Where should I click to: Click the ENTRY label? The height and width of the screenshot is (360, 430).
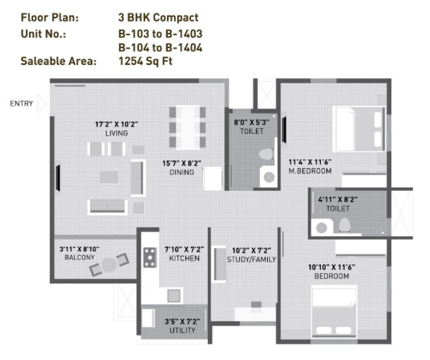(21, 104)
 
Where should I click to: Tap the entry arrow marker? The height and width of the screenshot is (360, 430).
(42, 104)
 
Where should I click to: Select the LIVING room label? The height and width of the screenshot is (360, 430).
(116, 133)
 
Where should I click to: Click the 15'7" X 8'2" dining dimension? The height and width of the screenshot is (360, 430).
(182, 163)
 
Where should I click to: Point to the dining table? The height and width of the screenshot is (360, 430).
(188, 128)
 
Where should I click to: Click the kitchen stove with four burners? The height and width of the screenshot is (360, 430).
(149, 257)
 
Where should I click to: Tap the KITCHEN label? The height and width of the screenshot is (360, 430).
(184, 259)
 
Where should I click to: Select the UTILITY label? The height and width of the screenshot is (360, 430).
(183, 330)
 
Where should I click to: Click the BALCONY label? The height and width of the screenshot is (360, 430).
(80, 258)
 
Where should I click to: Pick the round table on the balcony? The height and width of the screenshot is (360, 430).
(109, 265)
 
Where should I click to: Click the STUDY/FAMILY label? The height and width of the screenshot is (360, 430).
(252, 259)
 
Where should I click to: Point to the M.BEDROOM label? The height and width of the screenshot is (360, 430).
(310, 171)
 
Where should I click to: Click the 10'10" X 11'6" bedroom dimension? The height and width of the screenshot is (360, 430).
(332, 267)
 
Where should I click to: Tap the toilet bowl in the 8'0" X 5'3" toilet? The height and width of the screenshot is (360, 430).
(266, 154)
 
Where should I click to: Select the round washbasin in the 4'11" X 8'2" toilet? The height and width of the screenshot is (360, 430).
(321, 228)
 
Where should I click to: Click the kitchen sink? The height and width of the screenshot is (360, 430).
(174, 296)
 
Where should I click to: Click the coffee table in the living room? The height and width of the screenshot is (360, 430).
(109, 178)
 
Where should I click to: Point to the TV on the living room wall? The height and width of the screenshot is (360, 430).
(58, 178)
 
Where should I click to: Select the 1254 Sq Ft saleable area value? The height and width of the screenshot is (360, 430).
(145, 61)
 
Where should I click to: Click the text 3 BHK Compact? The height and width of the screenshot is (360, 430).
(158, 18)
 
